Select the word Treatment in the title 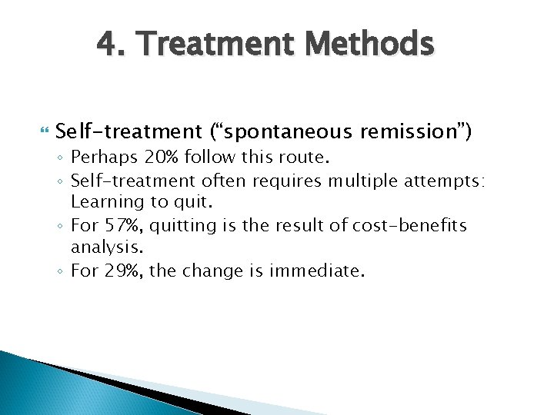215,45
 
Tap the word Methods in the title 368,45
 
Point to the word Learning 104,203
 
